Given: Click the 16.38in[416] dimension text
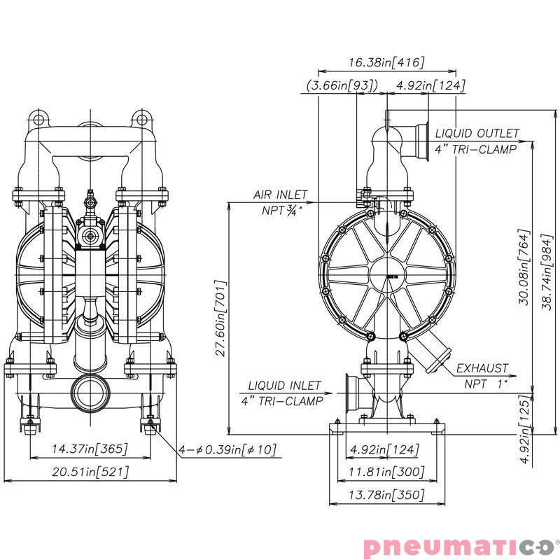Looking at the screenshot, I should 386,63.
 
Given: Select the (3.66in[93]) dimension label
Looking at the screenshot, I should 342,85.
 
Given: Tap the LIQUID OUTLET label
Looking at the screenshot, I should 477,133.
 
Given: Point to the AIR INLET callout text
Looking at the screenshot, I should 280,195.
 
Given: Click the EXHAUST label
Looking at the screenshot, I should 483,368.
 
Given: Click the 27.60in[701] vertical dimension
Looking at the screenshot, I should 220,318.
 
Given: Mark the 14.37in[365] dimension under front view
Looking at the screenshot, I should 90,449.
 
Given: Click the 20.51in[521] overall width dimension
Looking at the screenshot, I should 90,472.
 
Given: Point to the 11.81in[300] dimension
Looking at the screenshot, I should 386,472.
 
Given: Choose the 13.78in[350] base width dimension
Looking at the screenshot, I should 386,495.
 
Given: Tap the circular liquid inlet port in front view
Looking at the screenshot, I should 90,394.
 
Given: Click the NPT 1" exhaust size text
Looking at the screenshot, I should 486,383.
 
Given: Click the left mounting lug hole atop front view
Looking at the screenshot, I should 36,117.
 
